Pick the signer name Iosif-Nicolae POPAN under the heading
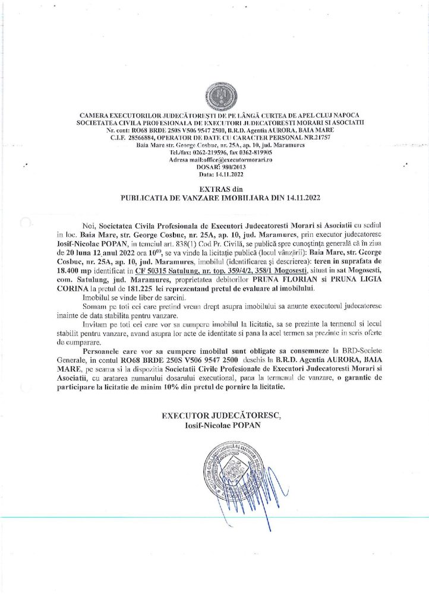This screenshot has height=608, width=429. click(220, 423)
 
